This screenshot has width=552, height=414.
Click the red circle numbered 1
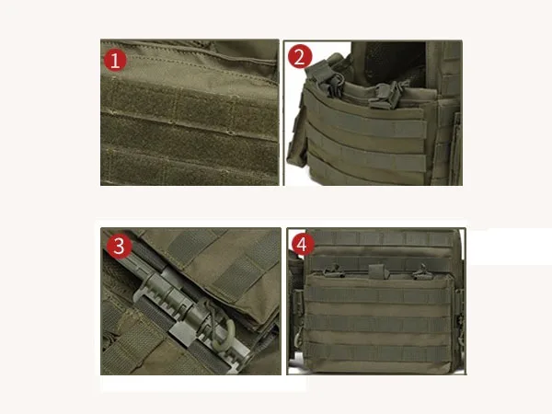[115, 61]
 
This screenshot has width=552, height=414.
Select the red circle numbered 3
[117, 247]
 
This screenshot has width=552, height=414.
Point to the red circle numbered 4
[301, 246]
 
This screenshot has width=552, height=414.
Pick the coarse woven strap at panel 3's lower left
[120, 345]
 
